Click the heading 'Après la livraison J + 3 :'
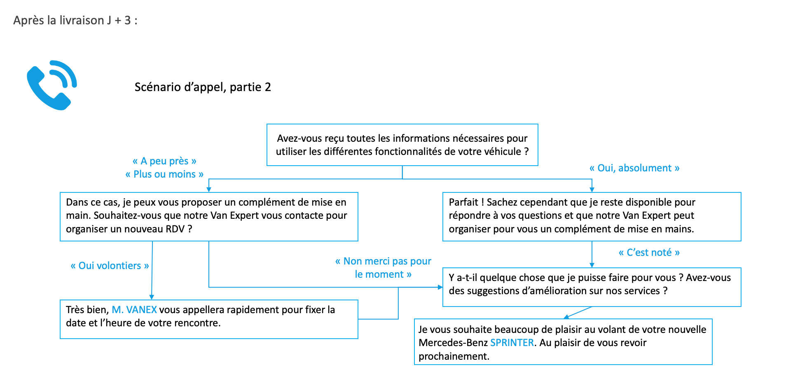pyautogui.click(x=75, y=20)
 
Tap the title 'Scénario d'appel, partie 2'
pyautogui.click(x=203, y=87)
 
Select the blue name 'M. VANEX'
pyautogui.click(x=134, y=309)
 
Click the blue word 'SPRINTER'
pyautogui.click(x=512, y=343)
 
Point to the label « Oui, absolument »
pyautogui.click(x=634, y=168)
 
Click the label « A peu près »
pyautogui.click(x=164, y=161)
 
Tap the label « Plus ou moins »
pyautogui.click(x=164, y=174)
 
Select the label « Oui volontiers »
pyautogui.click(x=110, y=266)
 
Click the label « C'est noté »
pyautogui.click(x=649, y=253)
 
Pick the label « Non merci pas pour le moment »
pyautogui.click(x=383, y=268)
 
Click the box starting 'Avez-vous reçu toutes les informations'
pyautogui.click(x=402, y=145)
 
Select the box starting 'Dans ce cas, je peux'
pyautogui.click(x=209, y=217)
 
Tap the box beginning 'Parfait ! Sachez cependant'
pyautogui.click(x=592, y=217)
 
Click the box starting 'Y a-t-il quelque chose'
pyautogui.click(x=592, y=287)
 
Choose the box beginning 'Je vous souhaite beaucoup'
pyautogui.click(x=563, y=342)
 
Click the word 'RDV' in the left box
pyautogui.click(x=175, y=229)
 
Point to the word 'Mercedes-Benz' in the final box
pyautogui.click(x=453, y=343)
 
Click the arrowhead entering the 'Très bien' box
pyautogui.click(x=152, y=297)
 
